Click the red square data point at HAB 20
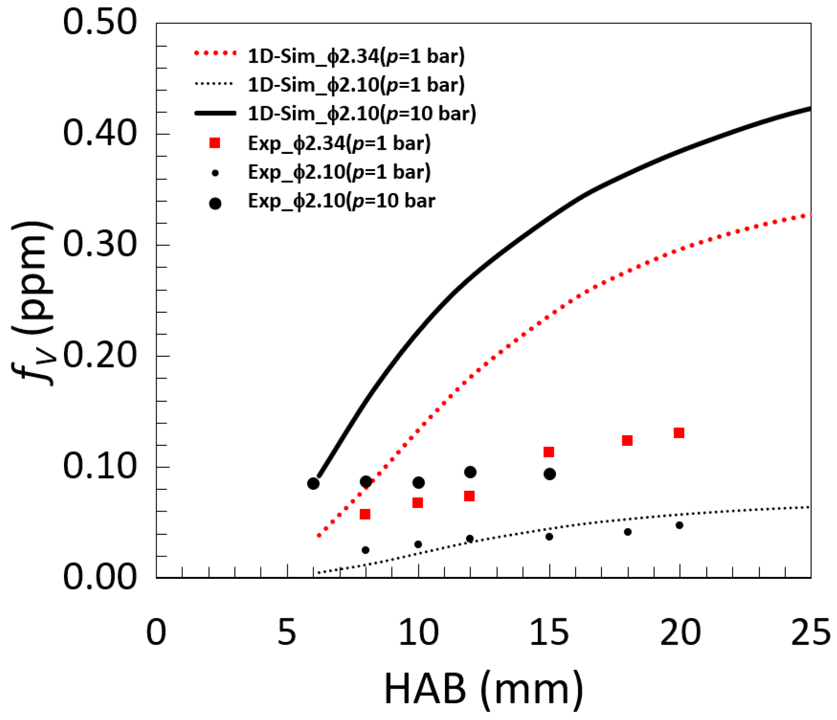679,433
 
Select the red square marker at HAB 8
365,514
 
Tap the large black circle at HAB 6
313,483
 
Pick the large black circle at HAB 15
550,474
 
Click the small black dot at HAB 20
679,525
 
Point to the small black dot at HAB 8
365,550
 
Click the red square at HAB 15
549,452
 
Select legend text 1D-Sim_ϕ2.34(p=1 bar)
356,56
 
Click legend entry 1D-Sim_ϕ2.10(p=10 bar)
362,113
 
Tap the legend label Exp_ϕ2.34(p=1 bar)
339,143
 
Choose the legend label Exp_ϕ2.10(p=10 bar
341,201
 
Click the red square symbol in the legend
215,143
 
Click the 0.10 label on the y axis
99,466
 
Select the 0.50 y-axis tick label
99,22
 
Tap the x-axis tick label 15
549,632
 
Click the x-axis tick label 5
286,632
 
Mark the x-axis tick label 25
811,632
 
